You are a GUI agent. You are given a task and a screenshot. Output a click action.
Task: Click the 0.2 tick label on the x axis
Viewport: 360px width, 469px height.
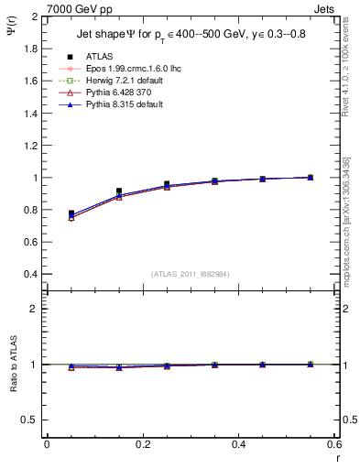click(142, 444)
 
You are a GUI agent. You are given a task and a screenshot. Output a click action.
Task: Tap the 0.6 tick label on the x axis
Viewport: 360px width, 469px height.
click(333, 444)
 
